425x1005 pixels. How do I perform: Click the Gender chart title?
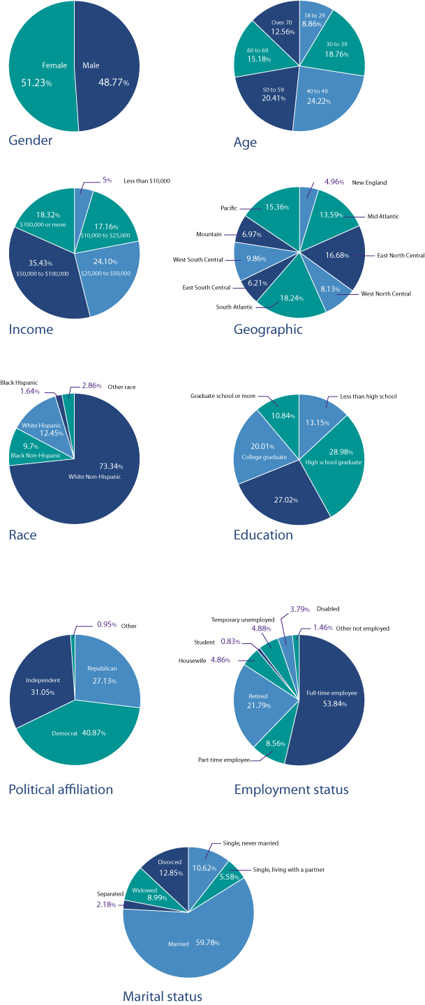click(31, 141)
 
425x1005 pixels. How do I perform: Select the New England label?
click(370, 183)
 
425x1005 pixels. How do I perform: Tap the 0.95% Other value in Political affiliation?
click(105, 626)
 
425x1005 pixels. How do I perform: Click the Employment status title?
click(291, 790)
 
